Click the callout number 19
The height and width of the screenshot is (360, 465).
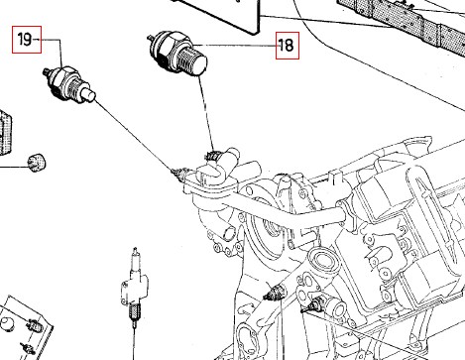(x=25, y=40)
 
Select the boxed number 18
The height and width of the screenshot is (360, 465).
(x=288, y=46)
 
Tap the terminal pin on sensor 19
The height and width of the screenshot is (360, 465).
(x=47, y=71)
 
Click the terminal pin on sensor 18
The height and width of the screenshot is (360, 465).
(x=151, y=38)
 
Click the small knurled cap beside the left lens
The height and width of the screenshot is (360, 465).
(x=37, y=163)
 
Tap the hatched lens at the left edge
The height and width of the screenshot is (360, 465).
(x=5, y=132)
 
